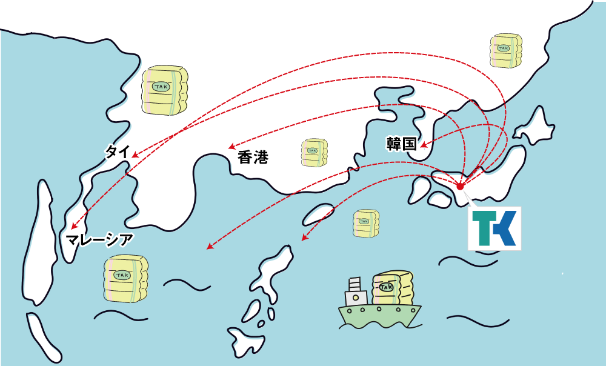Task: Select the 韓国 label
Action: coord(401,144)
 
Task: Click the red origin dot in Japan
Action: coord(459,186)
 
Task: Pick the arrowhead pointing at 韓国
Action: coord(424,145)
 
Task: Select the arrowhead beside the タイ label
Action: coord(135,156)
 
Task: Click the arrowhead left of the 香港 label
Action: coord(231,147)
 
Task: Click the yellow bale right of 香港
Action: coord(314,153)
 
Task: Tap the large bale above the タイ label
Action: coord(164,90)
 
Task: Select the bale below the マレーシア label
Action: coord(125,279)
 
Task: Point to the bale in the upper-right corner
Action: coord(505,51)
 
